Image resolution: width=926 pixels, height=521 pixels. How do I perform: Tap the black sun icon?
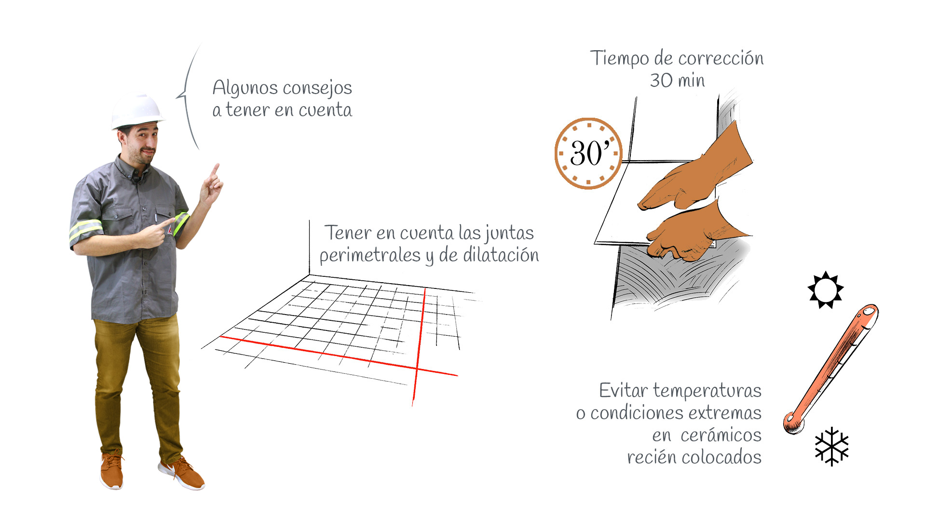(826, 289)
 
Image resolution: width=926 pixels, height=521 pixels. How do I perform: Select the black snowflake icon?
(832, 446)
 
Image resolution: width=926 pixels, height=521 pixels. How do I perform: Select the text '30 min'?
(677, 81)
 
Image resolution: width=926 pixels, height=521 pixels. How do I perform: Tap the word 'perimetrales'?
(370, 255)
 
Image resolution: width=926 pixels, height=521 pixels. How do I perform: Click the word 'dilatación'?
(501, 255)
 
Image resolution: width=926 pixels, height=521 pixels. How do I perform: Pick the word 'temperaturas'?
(707, 391)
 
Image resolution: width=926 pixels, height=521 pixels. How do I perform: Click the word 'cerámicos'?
(721, 435)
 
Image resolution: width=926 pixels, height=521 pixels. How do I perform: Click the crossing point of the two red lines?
(417, 369)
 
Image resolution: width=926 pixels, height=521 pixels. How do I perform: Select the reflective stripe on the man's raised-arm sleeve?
(181, 223)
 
